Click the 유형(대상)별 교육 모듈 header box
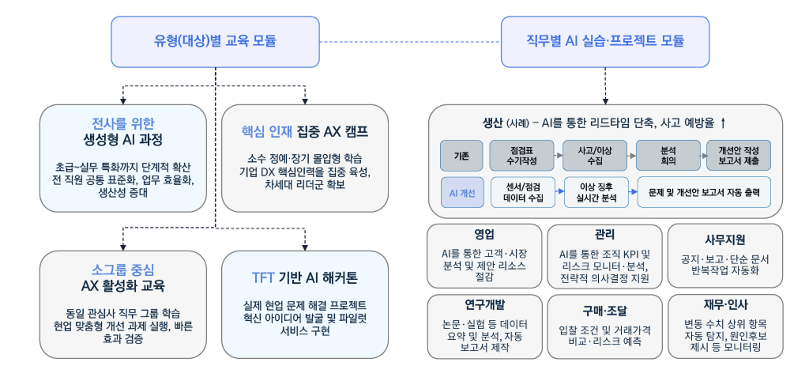(216, 40)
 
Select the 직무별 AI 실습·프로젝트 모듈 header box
(605, 40)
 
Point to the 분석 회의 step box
(668, 156)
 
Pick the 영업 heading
(484, 236)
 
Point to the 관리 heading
(605, 236)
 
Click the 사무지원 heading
(724, 239)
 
